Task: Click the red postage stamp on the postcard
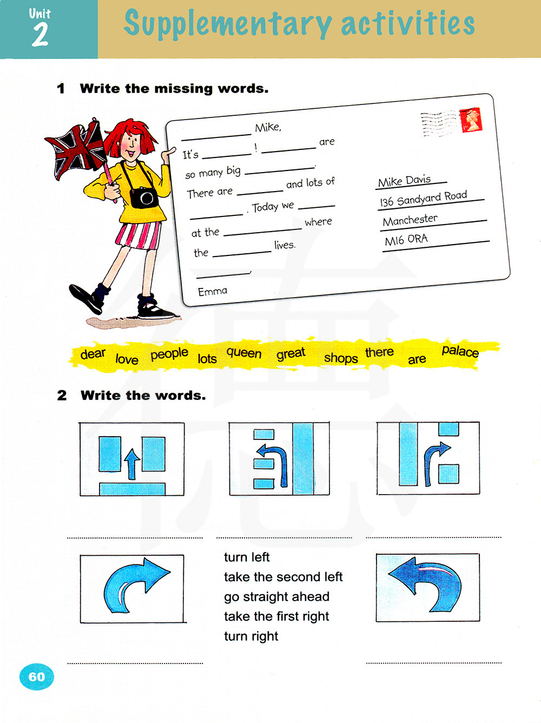(471, 120)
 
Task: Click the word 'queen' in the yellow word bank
(244, 353)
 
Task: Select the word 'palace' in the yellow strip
(460, 351)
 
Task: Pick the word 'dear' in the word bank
(93, 354)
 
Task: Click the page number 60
(37, 676)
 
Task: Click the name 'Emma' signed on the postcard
(213, 291)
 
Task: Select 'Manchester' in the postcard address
(410, 220)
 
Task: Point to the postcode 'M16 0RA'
(406, 240)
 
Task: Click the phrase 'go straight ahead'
(276, 596)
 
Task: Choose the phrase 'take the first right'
(276, 616)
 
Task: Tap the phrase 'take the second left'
(283, 577)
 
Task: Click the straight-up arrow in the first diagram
(132, 464)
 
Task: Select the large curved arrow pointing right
(136, 585)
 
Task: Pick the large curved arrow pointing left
(425, 583)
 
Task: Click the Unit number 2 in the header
(40, 35)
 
